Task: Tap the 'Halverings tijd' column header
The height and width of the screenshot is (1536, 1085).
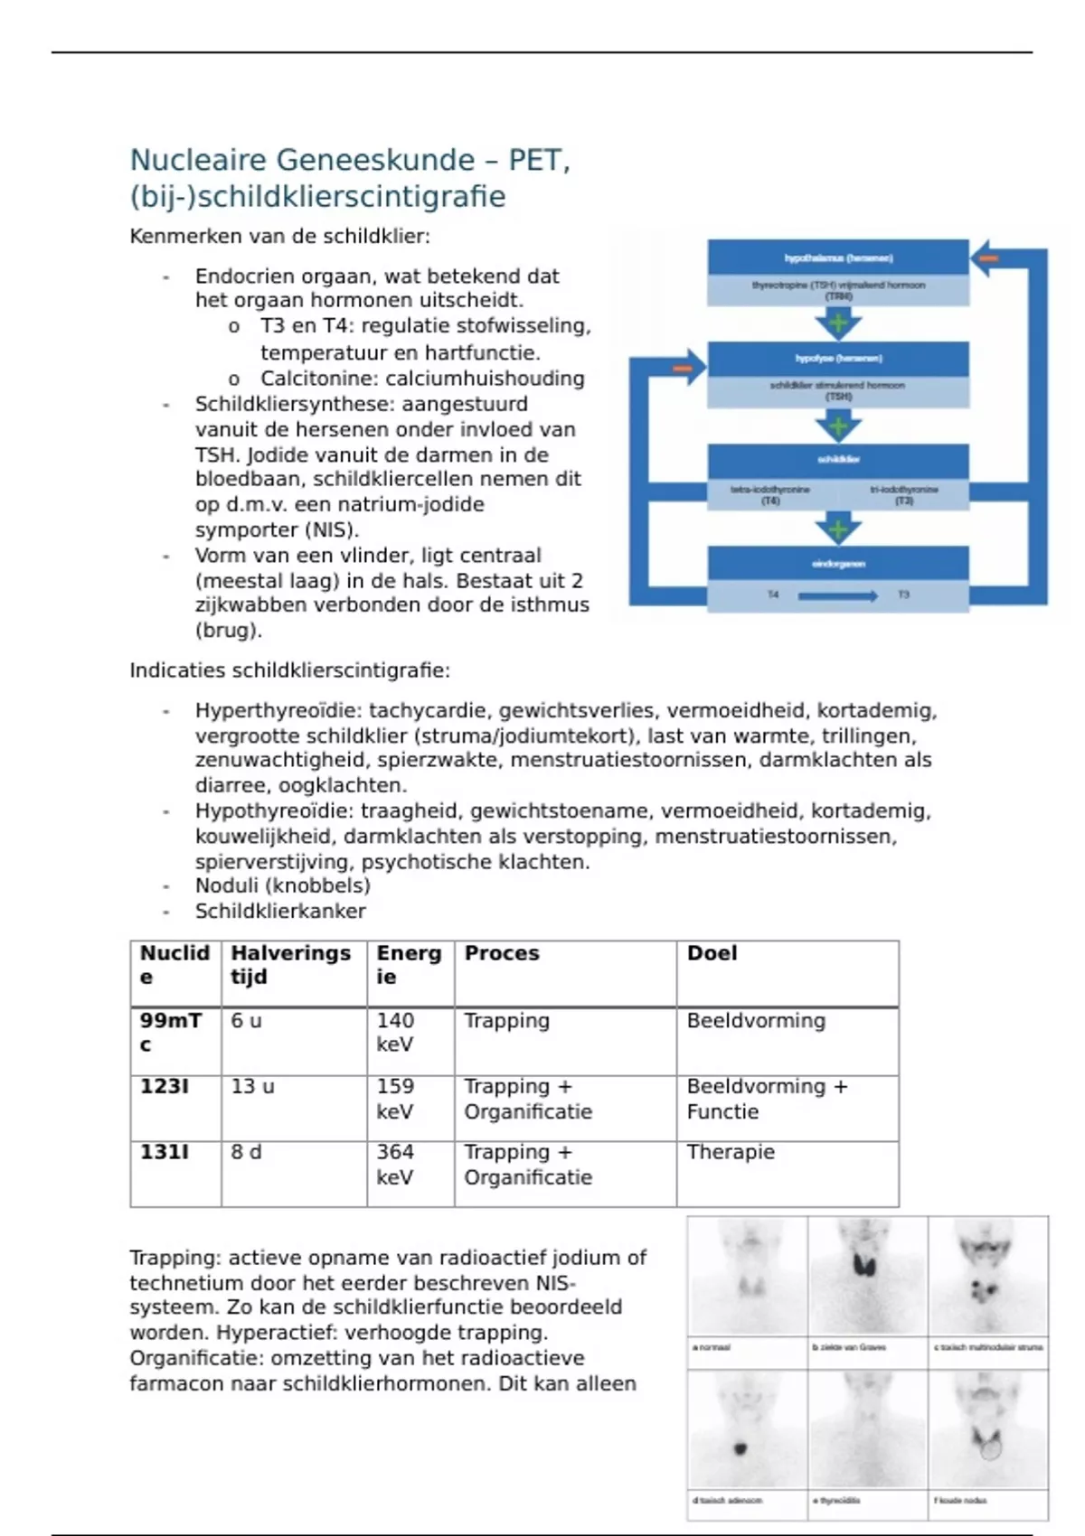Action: click(290, 965)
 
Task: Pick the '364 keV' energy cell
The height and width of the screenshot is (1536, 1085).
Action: click(395, 1165)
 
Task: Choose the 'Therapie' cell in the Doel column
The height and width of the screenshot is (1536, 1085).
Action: click(731, 1153)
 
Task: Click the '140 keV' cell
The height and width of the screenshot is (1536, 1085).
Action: click(395, 1032)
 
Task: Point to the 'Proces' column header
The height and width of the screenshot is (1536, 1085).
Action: click(502, 953)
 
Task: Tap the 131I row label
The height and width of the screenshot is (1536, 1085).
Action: click(165, 1153)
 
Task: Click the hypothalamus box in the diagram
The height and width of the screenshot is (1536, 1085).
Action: click(838, 258)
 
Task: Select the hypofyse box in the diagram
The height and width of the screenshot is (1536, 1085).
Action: click(838, 359)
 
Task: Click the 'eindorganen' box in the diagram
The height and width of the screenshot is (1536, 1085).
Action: click(838, 564)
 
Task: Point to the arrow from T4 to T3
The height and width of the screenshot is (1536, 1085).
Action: click(838, 595)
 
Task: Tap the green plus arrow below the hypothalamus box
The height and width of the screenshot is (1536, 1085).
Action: click(838, 323)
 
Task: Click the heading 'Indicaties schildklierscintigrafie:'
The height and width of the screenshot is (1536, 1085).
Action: click(289, 670)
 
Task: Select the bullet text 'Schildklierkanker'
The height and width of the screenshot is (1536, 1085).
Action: click(280, 912)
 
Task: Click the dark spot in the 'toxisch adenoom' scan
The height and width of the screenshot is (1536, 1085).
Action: click(741, 1448)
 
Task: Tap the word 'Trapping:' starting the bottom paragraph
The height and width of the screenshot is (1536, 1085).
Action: click(175, 1258)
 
